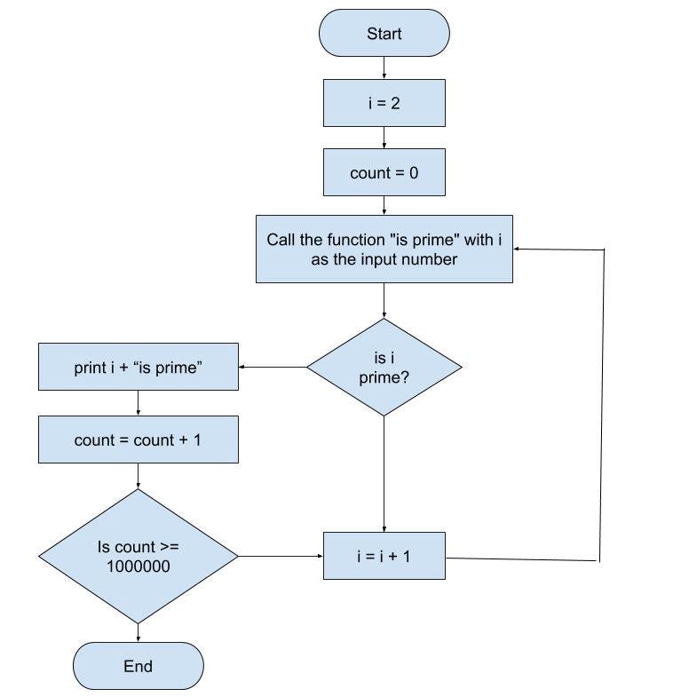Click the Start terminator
[384, 34]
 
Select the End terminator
[138, 666]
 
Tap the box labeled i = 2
[384, 103]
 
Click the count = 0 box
[384, 173]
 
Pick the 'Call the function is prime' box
[384, 249]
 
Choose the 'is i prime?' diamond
[384, 367]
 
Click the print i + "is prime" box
[138, 367]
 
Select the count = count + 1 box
[138, 440]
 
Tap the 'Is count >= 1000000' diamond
[138, 557]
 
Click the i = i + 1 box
[384, 557]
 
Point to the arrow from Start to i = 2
[384, 68]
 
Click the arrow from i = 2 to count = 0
[384, 138]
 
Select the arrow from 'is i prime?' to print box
[273, 367]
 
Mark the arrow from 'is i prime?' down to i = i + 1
[384, 474]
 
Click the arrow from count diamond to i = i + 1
[281, 557]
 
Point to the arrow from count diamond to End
[138, 632]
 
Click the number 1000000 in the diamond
[138, 566]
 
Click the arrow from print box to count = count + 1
[138, 403]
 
